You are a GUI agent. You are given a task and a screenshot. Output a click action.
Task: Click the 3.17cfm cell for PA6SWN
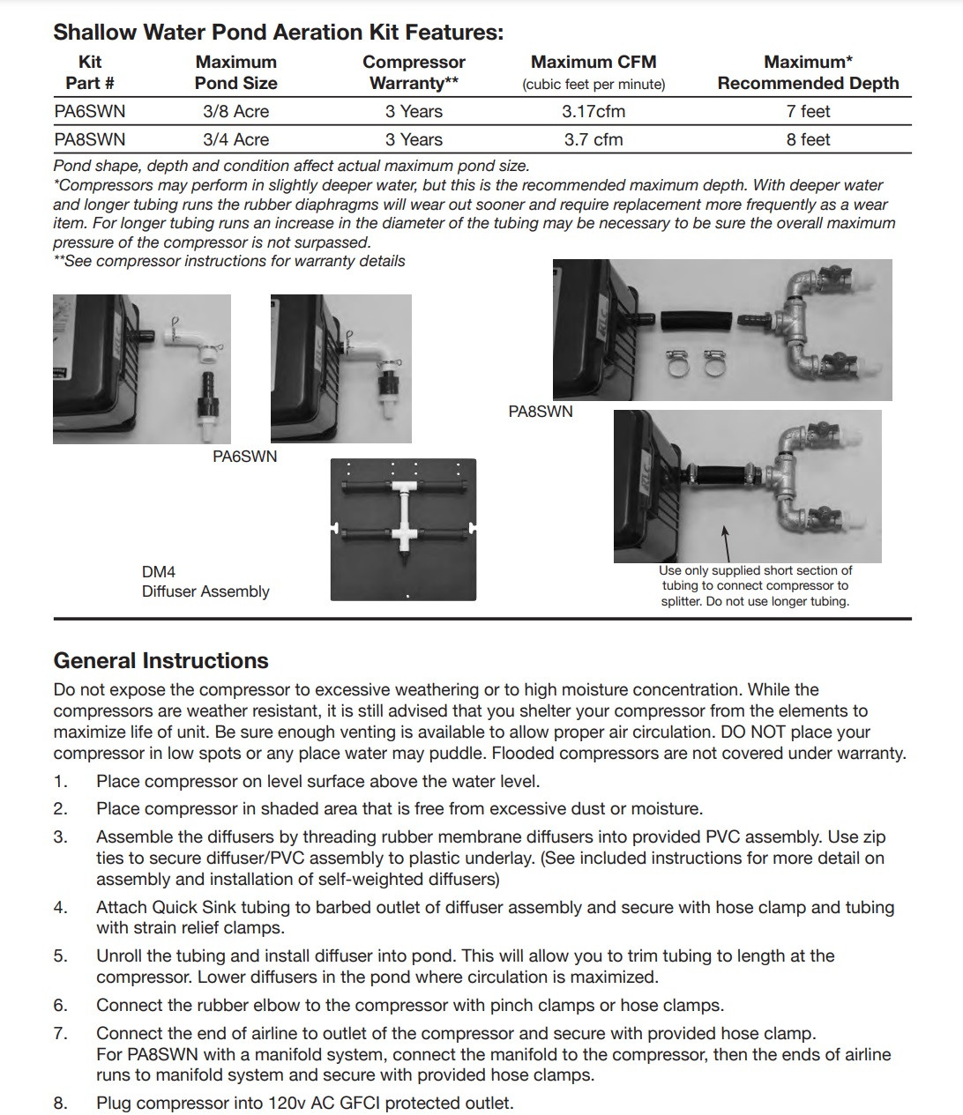(x=593, y=112)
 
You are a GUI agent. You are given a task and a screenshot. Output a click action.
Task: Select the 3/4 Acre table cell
(x=235, y=140)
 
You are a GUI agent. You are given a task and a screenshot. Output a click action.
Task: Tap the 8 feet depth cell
(x=808, y=140)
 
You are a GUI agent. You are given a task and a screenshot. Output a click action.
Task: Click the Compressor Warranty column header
(x=414, y=72)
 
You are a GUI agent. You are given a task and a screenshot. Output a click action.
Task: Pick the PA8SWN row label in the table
(x=90, y=140)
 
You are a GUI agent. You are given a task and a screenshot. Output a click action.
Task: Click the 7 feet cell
(x=808, y=112)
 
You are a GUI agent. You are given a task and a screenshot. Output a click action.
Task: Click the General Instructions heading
(x=160, y=661)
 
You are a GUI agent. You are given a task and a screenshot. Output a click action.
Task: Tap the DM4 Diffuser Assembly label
(x=205, y=582)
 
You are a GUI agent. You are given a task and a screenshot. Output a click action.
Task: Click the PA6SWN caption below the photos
(x=244, y=457)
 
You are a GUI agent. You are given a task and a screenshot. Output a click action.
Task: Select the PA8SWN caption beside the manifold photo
(x=541, y=412)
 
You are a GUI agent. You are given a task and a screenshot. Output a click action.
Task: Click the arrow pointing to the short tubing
(x=727, y=545)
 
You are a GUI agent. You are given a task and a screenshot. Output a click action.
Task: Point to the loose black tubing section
(x=697, y=321)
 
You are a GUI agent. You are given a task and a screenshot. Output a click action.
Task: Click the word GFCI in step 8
(x=360, y=1103)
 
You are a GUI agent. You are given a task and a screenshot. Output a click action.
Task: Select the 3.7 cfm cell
(x=593, y=140)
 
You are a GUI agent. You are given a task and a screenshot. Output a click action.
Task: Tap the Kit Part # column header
(x=90, y=72)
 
